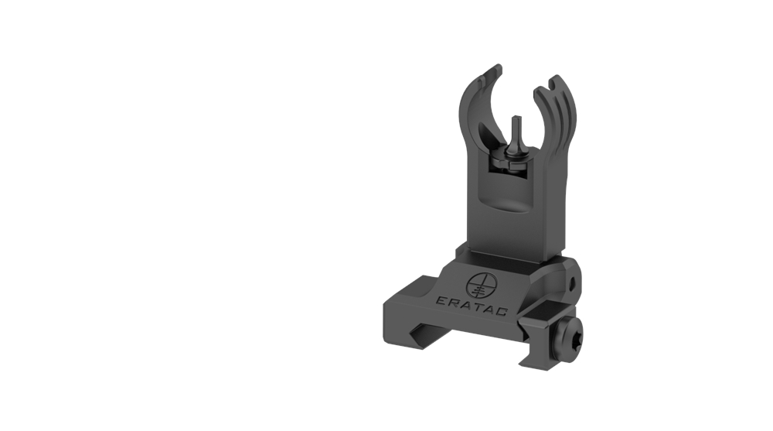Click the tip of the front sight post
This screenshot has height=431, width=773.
[516, 118]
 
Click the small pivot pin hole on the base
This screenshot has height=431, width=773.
[572, 284]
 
